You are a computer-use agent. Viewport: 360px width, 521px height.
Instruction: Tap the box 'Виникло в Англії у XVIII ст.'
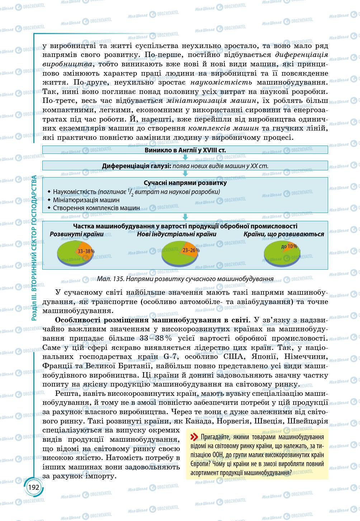[185, 150]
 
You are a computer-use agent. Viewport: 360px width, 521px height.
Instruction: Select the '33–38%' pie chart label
[86, 251]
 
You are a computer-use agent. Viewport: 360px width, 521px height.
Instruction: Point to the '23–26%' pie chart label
[191, 250]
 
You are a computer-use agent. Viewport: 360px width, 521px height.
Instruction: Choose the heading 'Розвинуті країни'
[76, 234]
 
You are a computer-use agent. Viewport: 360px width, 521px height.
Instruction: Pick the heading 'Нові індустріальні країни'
[176, 234]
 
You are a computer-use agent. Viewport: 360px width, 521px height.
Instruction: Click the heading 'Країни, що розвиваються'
[284, 234]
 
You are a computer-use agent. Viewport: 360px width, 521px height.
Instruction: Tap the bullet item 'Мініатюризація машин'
[86, 200]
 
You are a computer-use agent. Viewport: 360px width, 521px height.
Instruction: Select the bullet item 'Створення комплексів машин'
[96, 208]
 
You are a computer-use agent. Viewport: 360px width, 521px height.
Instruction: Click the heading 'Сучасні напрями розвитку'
[185, 183]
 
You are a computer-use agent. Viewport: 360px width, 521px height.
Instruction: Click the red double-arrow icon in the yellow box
[194, 437]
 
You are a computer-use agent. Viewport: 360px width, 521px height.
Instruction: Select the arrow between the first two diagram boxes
[185, 157]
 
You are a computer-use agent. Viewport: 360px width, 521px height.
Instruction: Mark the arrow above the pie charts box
[185, 217]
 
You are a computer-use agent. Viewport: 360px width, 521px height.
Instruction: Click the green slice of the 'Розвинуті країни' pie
[66, 255]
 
